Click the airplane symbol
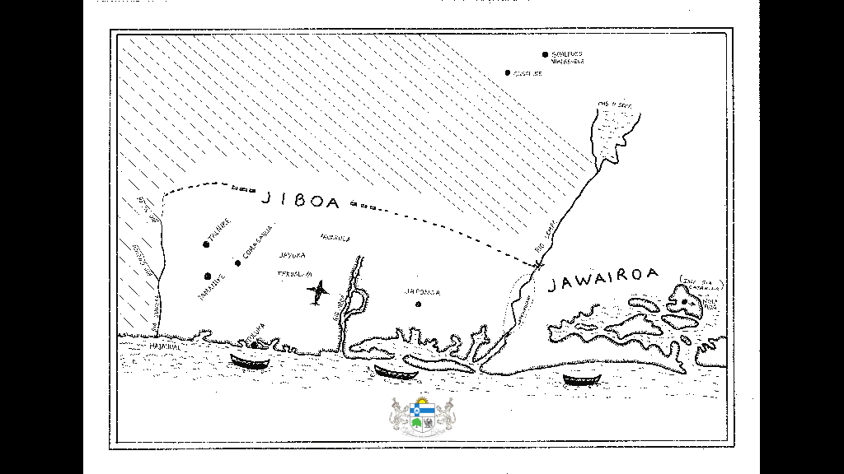click(318, 291)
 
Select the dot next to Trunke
click(206, 244)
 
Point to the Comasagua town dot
click(237, 263)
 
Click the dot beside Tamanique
click(208, 276)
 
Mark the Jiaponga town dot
click(418, 304)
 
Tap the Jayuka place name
click(293, 255)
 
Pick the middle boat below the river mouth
click(394, 371)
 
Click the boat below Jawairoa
click(581, 379)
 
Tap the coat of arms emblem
click(422, 415)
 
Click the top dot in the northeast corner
click(545, 54)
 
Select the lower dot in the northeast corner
click(508, 73)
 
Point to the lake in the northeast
click(614, 132)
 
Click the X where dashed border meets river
click(538, 264)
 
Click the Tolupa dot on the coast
click(254, 344)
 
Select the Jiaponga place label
click(422, 292)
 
